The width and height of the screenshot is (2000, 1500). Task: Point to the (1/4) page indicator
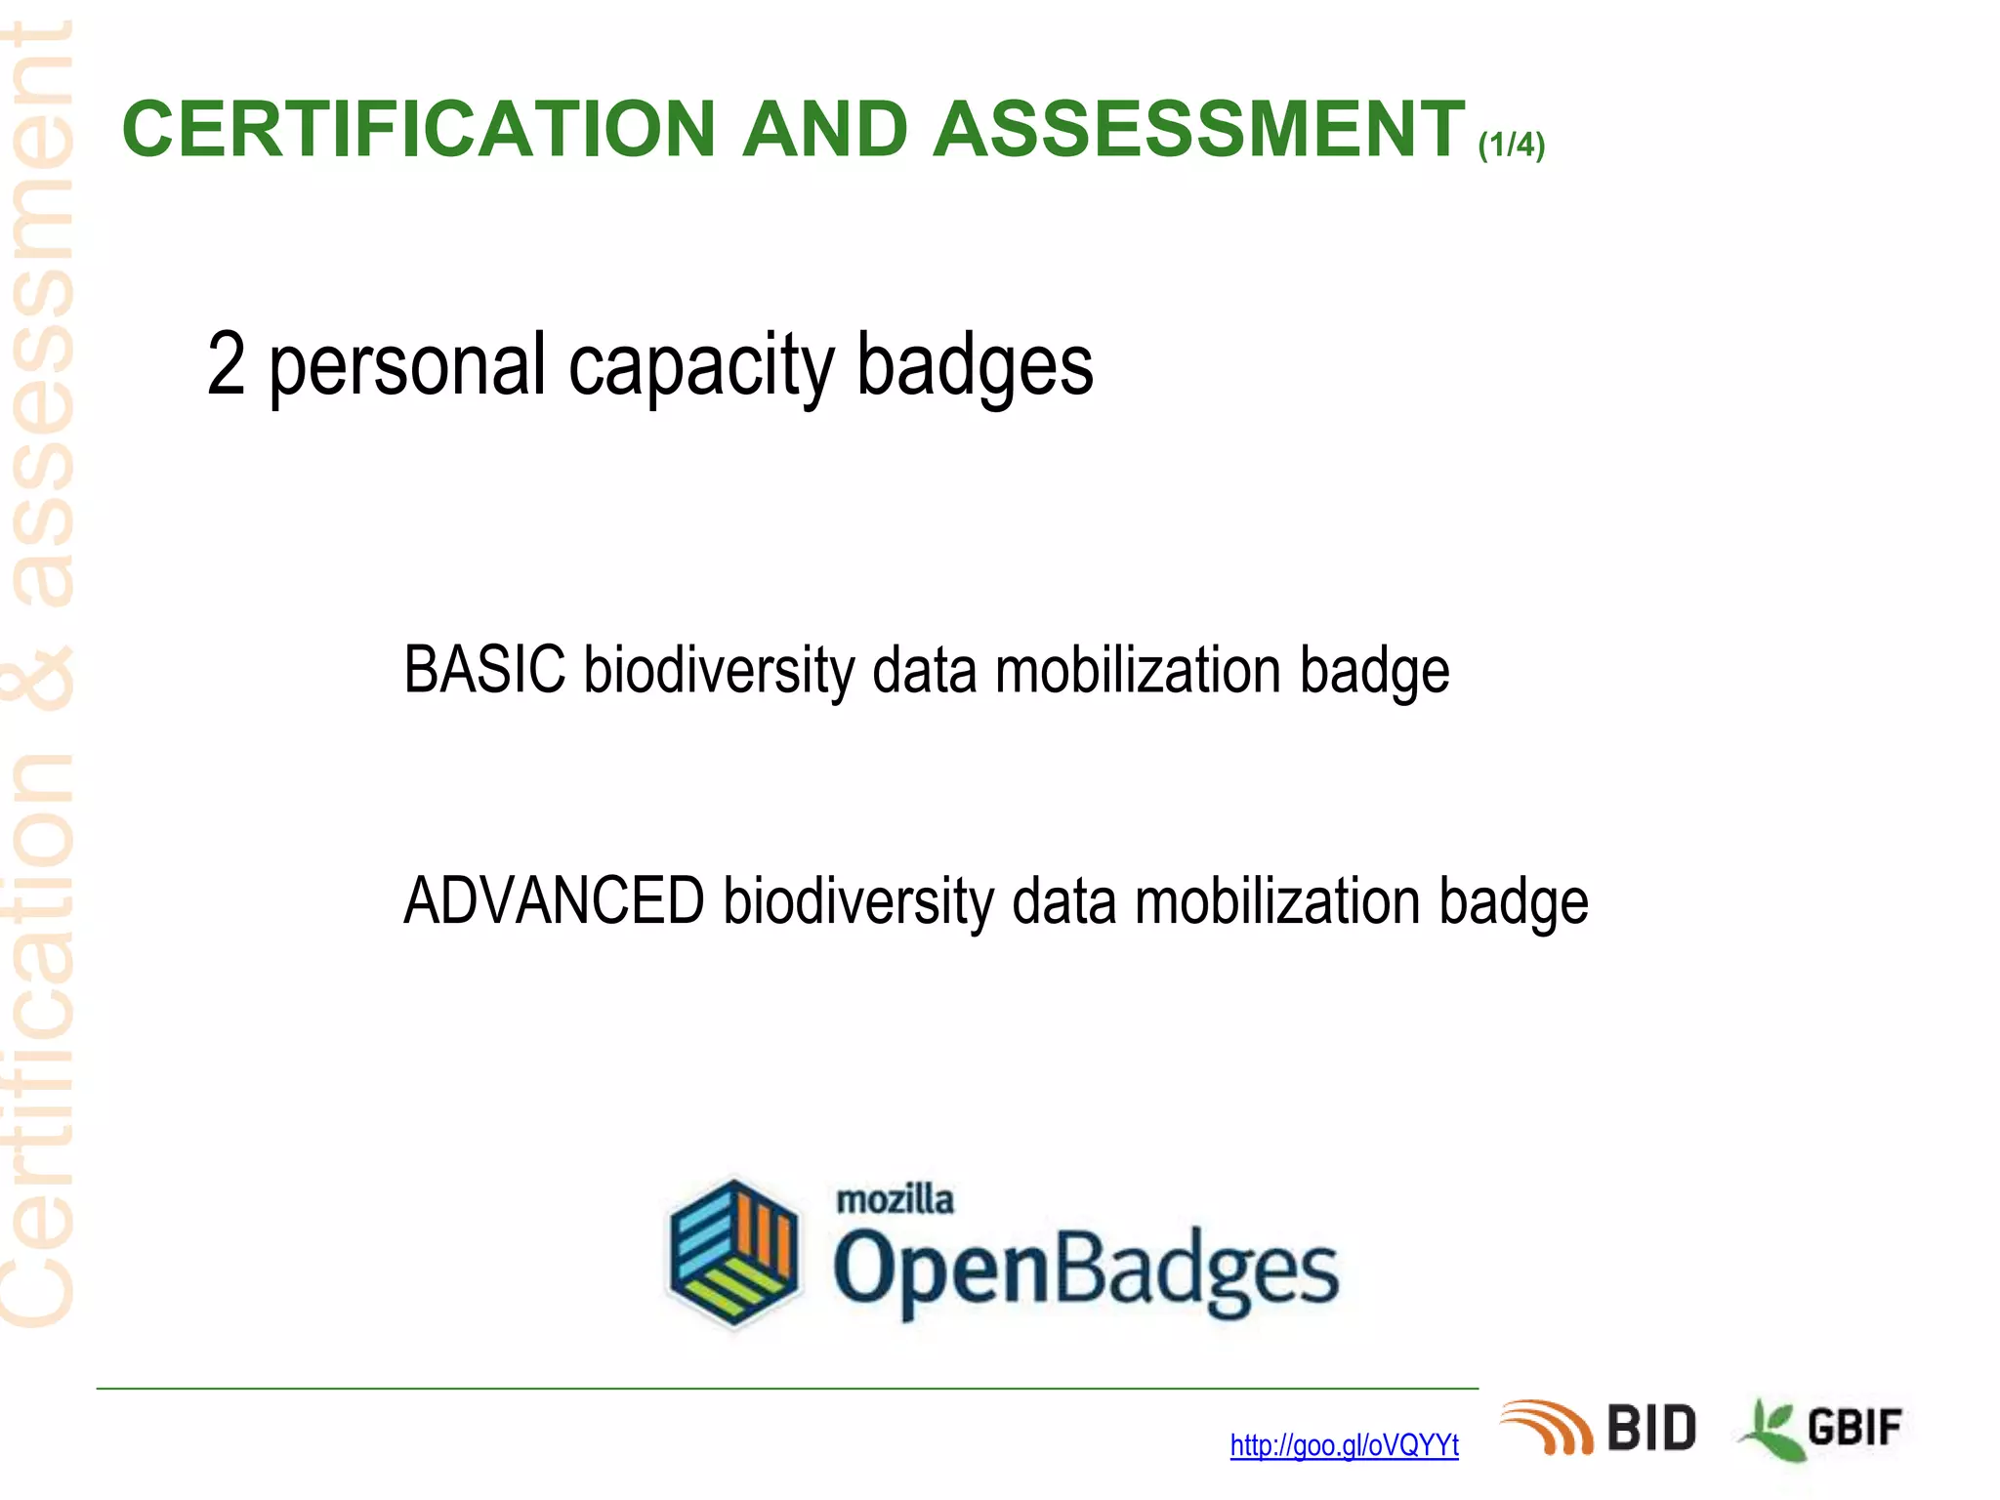[x=1511, y=146]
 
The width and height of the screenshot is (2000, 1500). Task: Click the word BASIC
[x=484, y=670]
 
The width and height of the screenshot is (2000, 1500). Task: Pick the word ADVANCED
[x=554, y=900]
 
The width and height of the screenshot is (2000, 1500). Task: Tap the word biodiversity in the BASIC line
[x=719, y=672]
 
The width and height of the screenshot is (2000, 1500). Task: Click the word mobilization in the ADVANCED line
[x=1276, y=900]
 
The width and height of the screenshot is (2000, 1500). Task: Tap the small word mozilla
[x=895, y=1199]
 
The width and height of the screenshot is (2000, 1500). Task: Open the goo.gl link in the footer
[x=1344, y=1445]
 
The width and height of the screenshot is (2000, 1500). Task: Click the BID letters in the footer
[x=1651, y=1429]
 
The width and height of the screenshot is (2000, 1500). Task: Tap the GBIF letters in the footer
[x=1854, y=1429]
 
